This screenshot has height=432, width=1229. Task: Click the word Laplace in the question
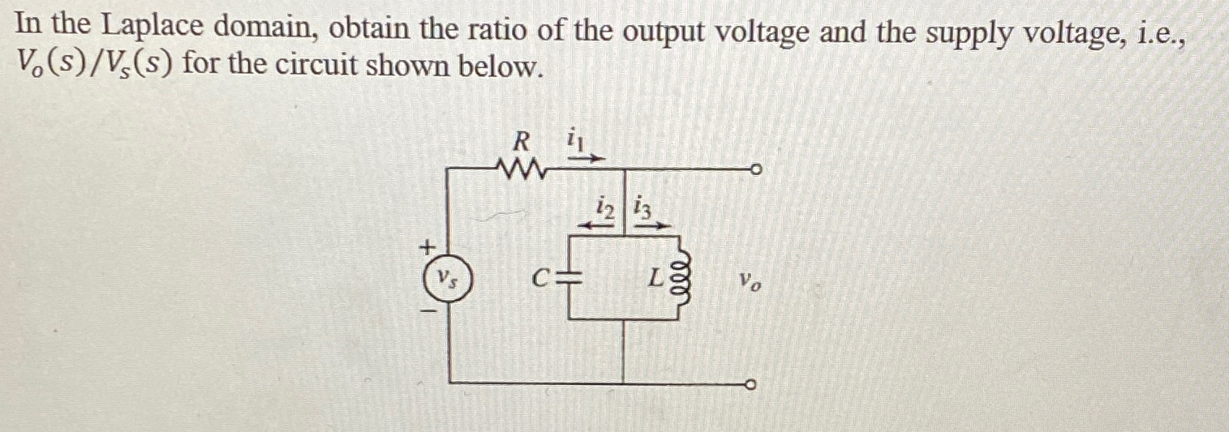click(x=153, y=28)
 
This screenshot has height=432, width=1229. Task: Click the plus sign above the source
click(x=428, y=245)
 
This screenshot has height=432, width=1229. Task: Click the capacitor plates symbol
click(x=573, y=280)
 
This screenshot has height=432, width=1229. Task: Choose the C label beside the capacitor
click(x=541, y=280)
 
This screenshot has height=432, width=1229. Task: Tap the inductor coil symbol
click(x=681, y=280)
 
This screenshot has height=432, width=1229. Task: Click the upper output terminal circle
click(x=754, y=171)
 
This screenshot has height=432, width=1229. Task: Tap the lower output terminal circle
click(x=754, y=383)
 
